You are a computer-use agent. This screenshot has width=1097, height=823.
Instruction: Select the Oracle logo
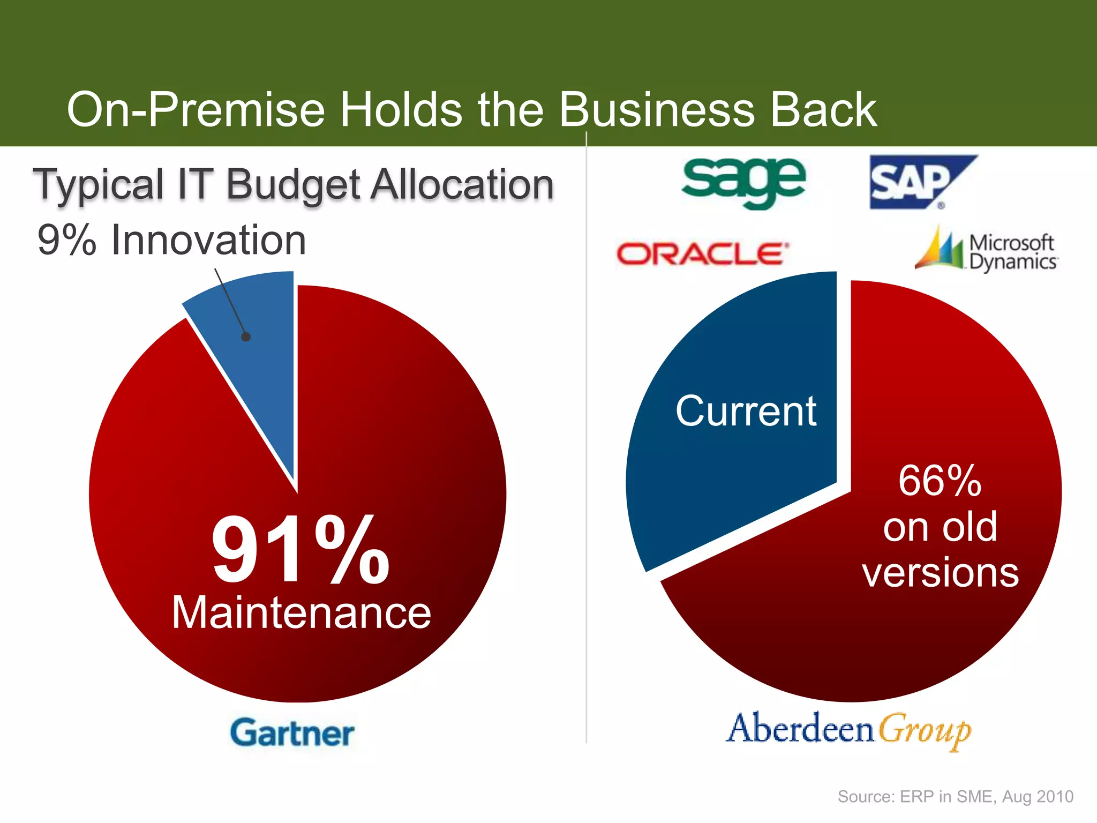click(702, 253)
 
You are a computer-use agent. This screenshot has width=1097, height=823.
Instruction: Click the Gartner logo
click(292, 732)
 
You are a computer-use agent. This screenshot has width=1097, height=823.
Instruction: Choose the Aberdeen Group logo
click(849, 730)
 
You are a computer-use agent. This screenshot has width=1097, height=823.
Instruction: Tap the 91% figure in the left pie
click(300, 549)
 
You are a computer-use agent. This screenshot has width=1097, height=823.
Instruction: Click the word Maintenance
click(301, 613)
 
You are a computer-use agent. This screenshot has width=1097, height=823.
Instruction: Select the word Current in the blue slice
click(746, 411)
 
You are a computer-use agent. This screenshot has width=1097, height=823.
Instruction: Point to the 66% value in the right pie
click(940, 481)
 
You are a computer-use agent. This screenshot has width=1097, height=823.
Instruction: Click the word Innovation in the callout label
click(208, 240)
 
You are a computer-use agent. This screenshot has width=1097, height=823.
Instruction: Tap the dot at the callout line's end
click(246, 337)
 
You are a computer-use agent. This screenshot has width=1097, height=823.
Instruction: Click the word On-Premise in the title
click(196, 110)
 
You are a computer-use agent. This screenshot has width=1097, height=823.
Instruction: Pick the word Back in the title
click(824, 110)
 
